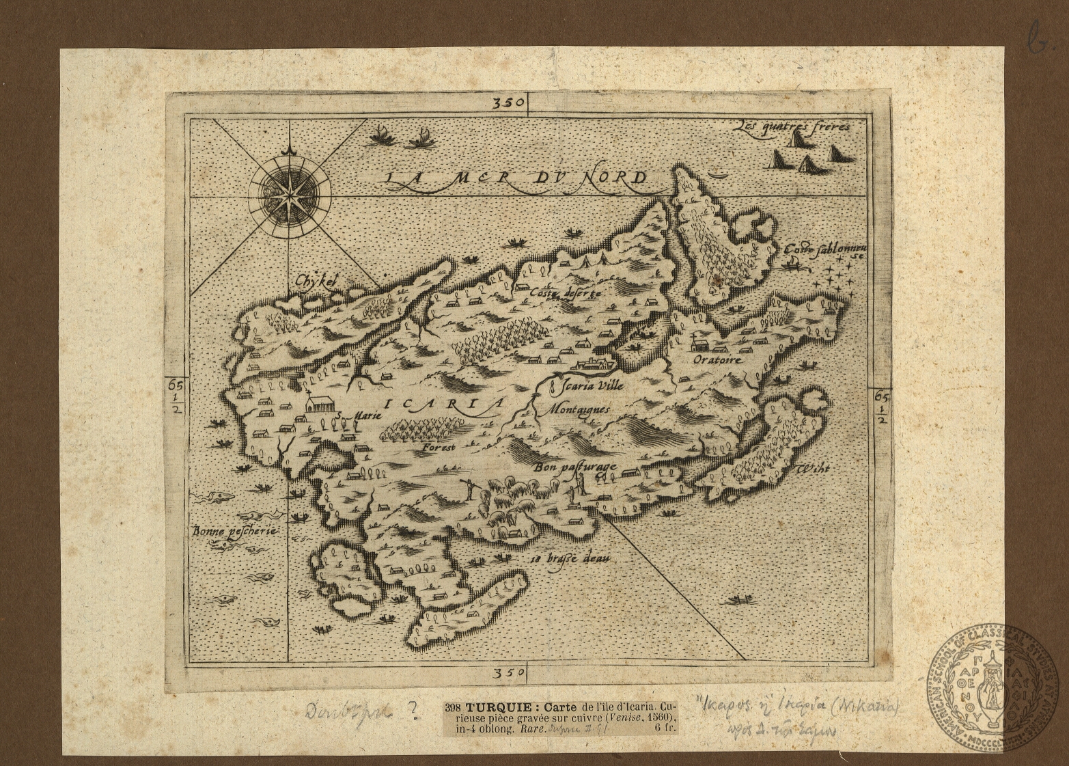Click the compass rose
[x=290, y=189]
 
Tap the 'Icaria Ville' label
[x=588, y=385]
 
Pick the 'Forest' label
[x=438, y=448]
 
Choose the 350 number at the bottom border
[x=509, y=673]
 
